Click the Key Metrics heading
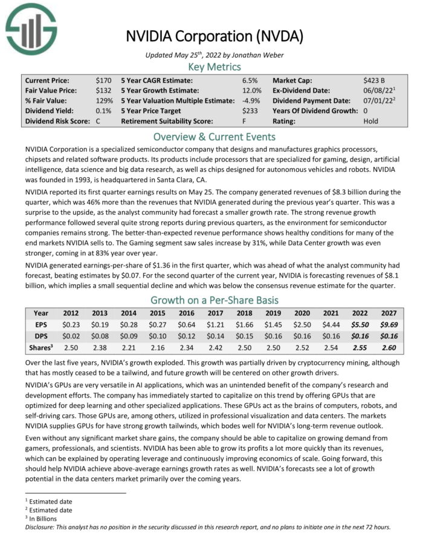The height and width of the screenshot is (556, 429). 214,67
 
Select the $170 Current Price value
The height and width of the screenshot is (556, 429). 103,80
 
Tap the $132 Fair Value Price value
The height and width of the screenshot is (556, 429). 103,90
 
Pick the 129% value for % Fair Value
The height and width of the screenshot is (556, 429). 103,100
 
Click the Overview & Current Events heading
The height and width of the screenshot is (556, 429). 214,136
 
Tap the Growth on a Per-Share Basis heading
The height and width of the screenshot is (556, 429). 214,300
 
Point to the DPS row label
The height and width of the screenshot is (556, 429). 41,336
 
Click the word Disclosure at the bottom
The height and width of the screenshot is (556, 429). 43,527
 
